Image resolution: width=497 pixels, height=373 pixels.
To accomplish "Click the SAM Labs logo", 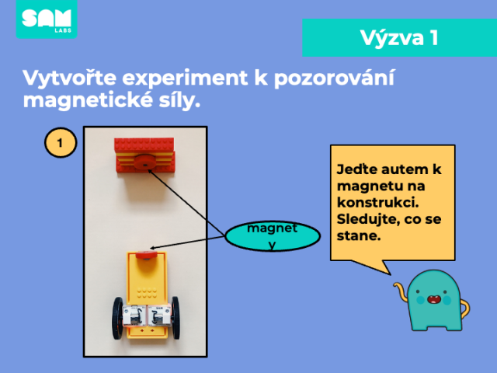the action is click(x=47, y=19).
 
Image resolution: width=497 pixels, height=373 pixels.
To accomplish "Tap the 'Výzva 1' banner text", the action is click(x=399, y=38).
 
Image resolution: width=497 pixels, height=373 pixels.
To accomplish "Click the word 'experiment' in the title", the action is click(x=185, y=78).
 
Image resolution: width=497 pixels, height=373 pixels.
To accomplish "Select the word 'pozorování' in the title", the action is click(x=334, y=77).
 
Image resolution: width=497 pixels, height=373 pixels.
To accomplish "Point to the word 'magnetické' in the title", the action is click(x=86, y=100).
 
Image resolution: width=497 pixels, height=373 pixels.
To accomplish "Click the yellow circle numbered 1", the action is click(x=61, y=142).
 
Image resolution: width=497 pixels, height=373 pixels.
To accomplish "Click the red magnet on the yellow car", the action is click(x=147, y=256).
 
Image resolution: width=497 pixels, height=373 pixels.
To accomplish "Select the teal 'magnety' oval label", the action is click(x=273, y=236).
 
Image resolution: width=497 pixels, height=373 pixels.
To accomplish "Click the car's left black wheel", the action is click(x=117, y=318).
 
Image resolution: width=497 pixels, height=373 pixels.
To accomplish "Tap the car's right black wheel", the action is click(x=176, y=318).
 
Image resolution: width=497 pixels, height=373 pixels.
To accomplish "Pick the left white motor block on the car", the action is click(x=134, y=315).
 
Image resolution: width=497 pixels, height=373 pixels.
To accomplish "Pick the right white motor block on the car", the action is click(x=159, y=315).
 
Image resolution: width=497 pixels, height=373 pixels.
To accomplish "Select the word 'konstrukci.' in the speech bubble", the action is click(x=378, y=202).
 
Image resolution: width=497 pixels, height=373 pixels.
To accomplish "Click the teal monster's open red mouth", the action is click(x=433, y=299).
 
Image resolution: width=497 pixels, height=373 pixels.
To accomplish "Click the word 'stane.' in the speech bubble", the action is click(x=359, y=235).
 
